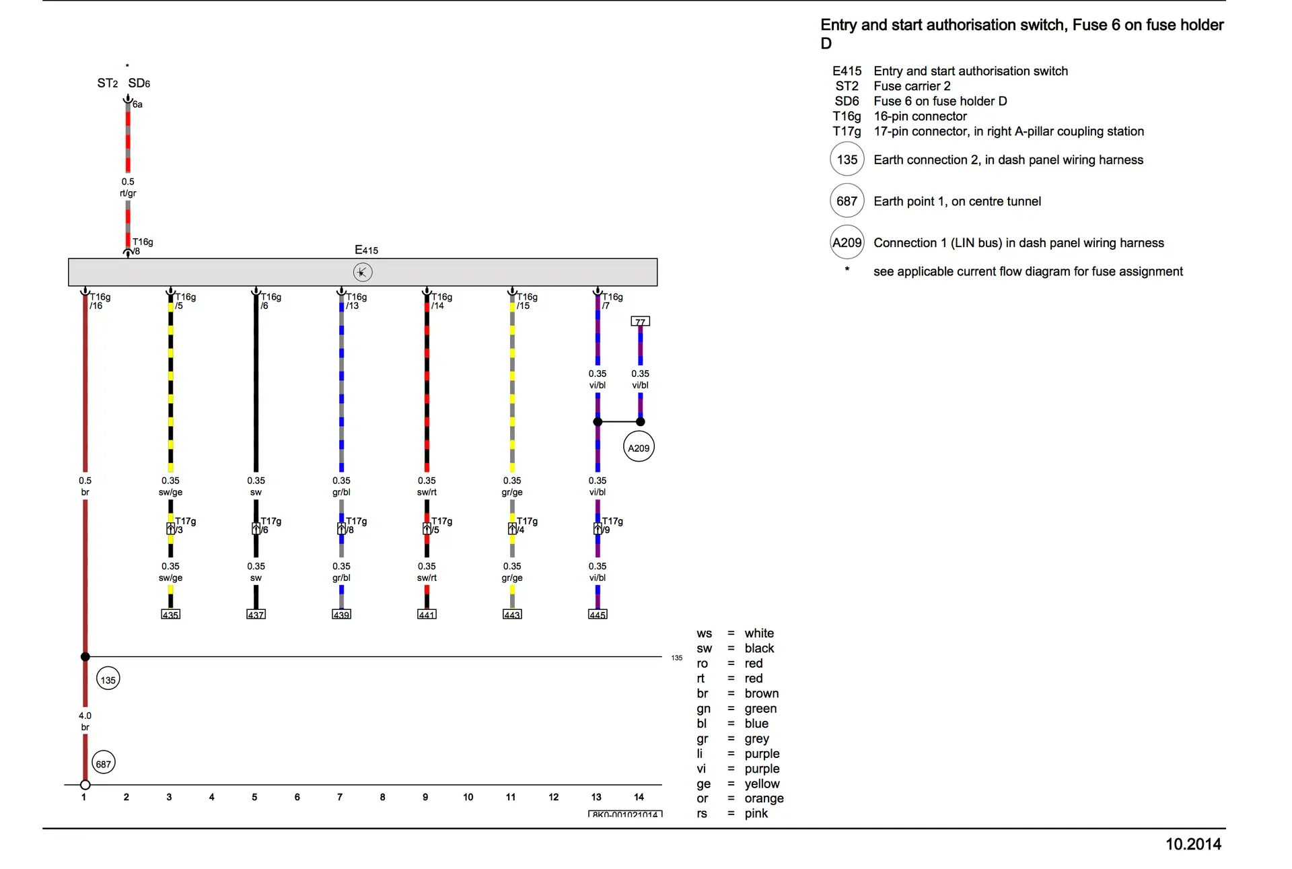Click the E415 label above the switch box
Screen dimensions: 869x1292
coord(366,250)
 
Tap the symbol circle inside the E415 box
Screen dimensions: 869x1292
coord(363,272)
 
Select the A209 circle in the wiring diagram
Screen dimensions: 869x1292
coord(639,448)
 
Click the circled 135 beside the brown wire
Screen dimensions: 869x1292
coord(108,680)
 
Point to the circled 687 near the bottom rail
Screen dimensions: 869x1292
coord(103,763)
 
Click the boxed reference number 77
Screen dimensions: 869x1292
coord(640,322)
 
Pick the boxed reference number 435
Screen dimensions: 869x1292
coord(170,615)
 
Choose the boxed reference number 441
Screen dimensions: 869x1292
coord(427,615)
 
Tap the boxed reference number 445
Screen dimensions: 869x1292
coord(598,615)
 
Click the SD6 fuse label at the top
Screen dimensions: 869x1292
coord(139,83)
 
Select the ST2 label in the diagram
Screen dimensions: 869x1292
coord(108,83)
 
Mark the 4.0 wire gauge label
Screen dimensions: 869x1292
coord(85,716)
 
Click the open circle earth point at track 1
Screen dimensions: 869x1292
coord(85,785)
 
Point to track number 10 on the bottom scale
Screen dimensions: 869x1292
coord(468,797)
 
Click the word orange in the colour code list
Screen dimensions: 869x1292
coord(764,798)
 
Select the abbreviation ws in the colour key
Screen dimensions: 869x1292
coord(704,633)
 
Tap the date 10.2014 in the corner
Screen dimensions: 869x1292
coord(1193,844)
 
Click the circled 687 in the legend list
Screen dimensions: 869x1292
coord(847,201)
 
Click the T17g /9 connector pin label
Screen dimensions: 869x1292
coord(612,525)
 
